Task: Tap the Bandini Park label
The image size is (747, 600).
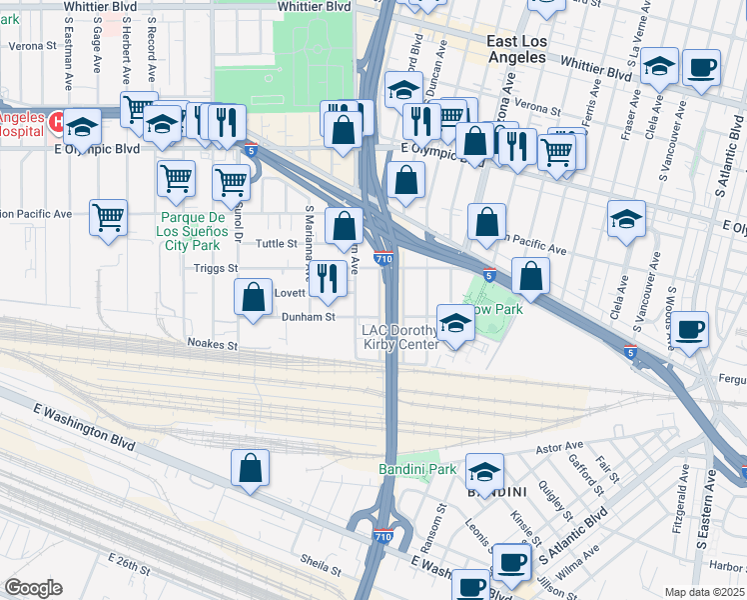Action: pos(416,469)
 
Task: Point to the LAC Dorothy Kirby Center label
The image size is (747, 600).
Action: pos(399,338)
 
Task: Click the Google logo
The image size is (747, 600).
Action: pos(33,588)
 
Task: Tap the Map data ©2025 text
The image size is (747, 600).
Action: pos(704,592)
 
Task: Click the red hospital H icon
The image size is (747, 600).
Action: pos(56,123)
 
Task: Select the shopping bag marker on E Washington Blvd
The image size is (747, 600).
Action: pos(251,467)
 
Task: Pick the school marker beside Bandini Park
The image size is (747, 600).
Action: pos(484,471)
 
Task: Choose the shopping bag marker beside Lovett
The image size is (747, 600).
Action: pos(253,296)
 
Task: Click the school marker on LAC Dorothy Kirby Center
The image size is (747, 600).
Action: pos(454,323)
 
